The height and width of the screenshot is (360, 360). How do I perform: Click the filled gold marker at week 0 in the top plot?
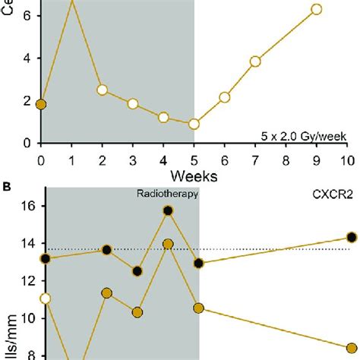[41, 104]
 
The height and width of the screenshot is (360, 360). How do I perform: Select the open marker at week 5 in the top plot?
[194, 124]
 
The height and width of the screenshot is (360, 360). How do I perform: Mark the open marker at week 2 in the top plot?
[102, 90]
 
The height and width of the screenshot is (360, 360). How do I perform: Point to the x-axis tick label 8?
[286, 160]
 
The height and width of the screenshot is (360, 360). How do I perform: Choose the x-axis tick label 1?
[71, 160]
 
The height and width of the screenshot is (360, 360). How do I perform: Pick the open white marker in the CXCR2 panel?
[45, 298]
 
